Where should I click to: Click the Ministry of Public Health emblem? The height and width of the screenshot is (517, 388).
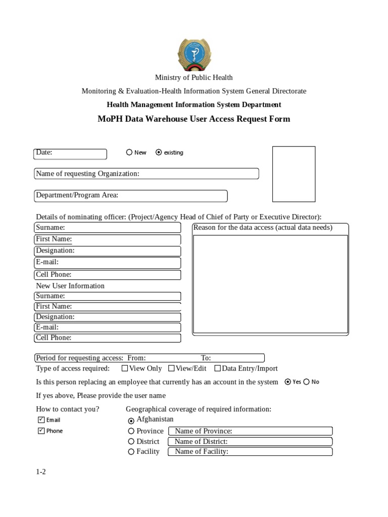click(194, 55)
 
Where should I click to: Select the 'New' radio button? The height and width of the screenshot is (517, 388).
click(129, 152)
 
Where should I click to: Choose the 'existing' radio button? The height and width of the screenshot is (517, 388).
click(159, 152)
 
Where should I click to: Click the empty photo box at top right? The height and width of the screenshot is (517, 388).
click(294, 174)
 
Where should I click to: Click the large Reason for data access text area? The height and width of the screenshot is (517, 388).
click(270, 284)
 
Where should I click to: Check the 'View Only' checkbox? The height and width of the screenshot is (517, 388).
click(125, 369)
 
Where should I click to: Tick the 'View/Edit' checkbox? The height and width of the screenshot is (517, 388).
click(171, 369)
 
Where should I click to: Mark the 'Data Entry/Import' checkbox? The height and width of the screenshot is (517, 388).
click(218, 369)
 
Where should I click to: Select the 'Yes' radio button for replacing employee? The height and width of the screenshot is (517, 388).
click(288, 382)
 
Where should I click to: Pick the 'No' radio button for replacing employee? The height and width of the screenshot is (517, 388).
click(307, 382)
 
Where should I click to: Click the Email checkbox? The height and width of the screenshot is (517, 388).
click(41, 420)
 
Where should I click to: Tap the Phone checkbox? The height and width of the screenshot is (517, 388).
click(41, 431)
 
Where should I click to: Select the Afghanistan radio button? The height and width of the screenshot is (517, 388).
click(131, 421)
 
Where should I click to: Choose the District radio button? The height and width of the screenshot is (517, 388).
click(131, 441)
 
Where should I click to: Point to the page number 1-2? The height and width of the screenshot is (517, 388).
click(41, 472)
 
